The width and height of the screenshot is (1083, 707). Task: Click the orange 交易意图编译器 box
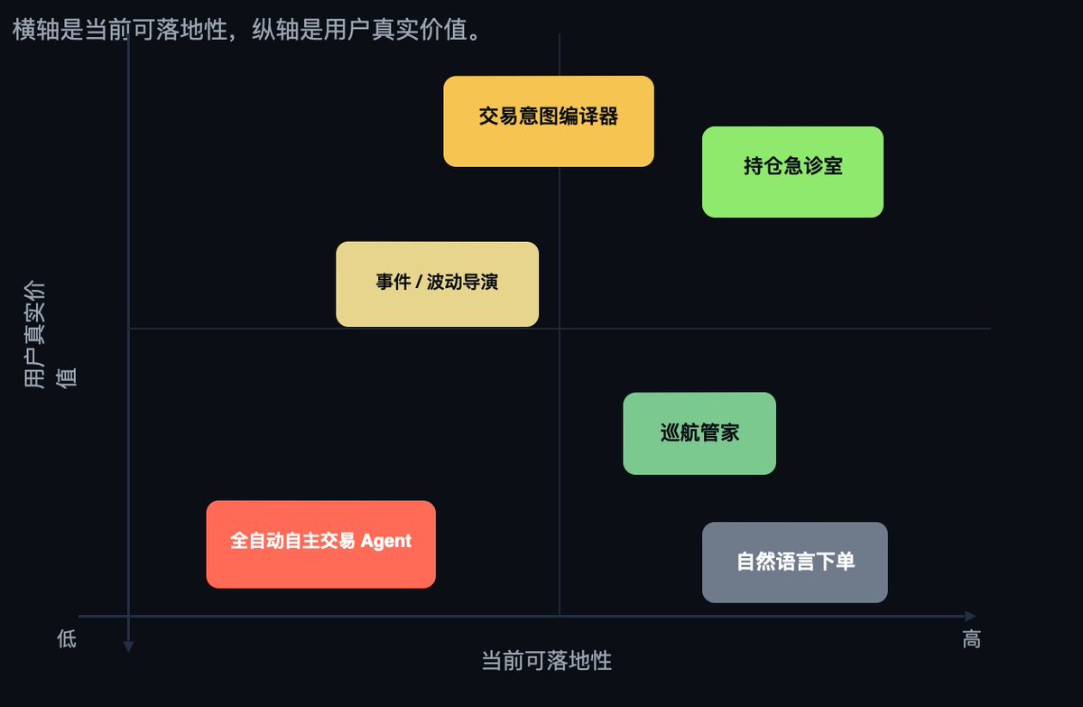(548, 121)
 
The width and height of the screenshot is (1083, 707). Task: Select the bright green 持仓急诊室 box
(792, 172)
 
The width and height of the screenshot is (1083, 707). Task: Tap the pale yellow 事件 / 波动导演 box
(437, 284)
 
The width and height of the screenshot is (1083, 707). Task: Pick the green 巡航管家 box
(699, 433)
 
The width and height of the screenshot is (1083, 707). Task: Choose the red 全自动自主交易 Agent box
(320, 544)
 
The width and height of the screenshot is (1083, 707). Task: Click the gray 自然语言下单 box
(794, 562)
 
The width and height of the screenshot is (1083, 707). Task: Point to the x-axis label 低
(67, 639)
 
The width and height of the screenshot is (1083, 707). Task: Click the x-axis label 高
(971, 639)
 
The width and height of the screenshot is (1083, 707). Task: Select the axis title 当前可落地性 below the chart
(547, 661)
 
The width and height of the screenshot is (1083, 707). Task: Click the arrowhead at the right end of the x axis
(970, 616)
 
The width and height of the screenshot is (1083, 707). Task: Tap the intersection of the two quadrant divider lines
(560, 329)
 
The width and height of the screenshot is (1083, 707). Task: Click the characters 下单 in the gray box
(835, 562)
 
